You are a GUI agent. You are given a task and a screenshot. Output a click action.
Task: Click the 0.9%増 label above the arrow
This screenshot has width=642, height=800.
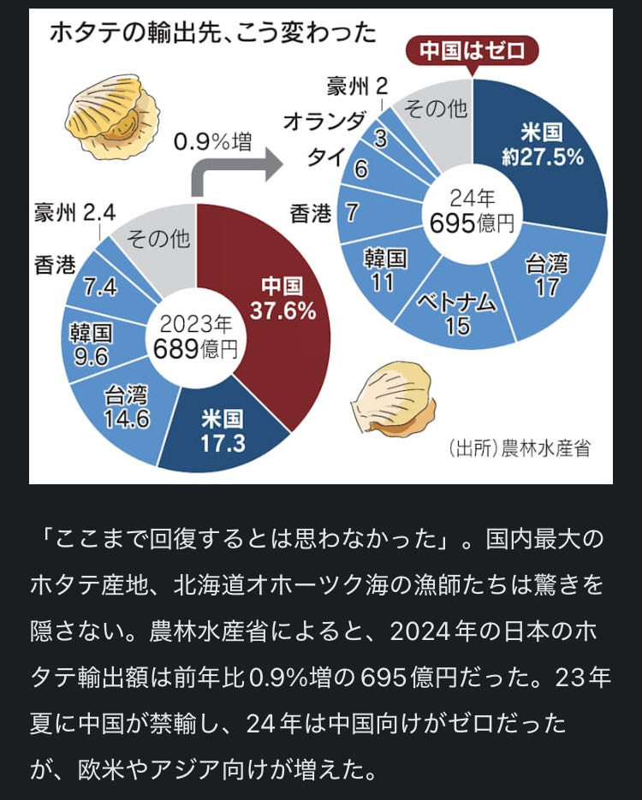(x=212, y=140)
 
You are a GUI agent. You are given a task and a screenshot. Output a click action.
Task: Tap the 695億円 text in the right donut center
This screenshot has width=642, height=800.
(x=473, y=224)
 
